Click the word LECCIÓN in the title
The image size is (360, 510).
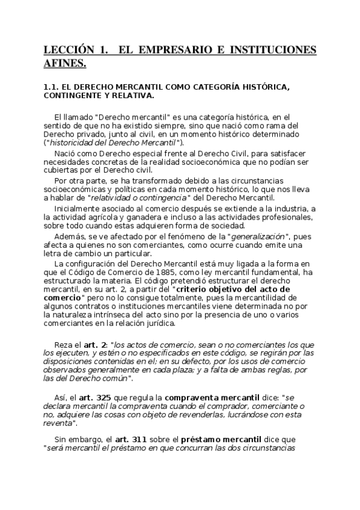tap(67, 49)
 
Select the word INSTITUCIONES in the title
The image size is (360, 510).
tap(271, 49)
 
